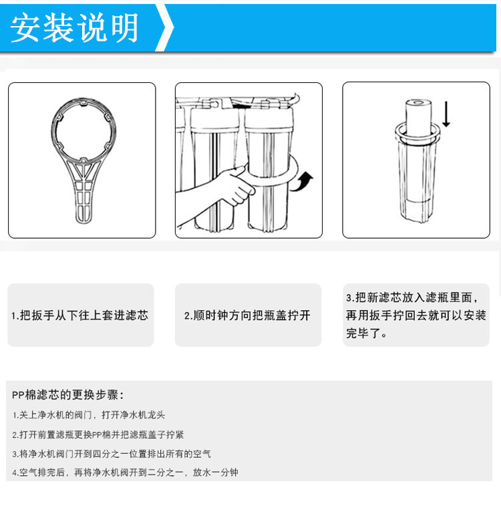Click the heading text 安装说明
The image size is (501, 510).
point(75,28)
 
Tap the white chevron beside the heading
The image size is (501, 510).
point(164,28)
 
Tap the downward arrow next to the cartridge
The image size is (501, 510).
point(446,114)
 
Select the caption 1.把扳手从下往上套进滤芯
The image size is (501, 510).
point(80,315)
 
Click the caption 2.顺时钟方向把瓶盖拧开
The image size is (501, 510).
point(247,315)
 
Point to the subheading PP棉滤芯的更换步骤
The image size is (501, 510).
point(68,394)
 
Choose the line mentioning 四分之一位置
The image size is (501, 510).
point(112,454)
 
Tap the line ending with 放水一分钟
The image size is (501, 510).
point(125,473)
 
